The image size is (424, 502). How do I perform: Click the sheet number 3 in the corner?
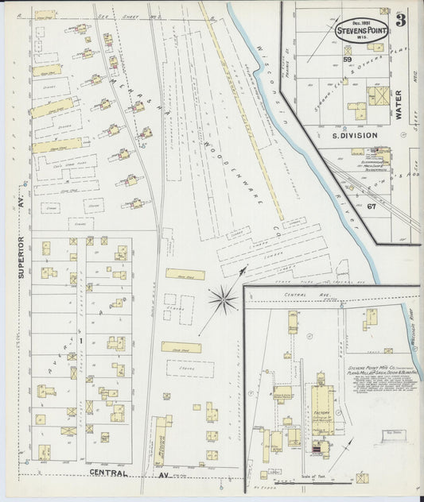click(400, 21)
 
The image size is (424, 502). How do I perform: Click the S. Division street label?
click(353, 136)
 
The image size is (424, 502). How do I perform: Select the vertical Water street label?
click(399, 103)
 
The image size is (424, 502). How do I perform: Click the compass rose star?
click(223, 299)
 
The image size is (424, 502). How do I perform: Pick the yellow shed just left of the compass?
click(185, 274)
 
